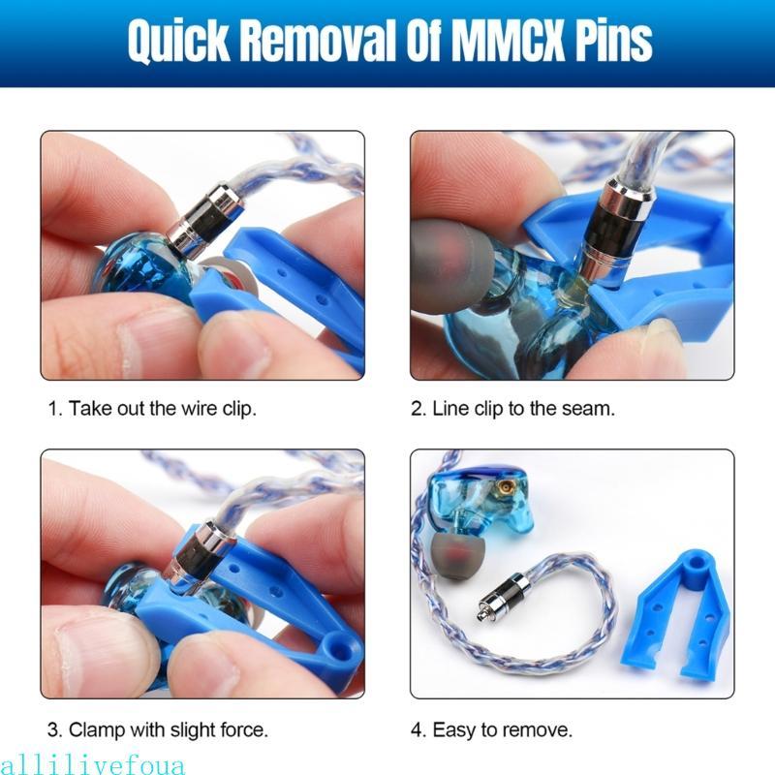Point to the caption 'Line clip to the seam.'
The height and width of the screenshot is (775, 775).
512,409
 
